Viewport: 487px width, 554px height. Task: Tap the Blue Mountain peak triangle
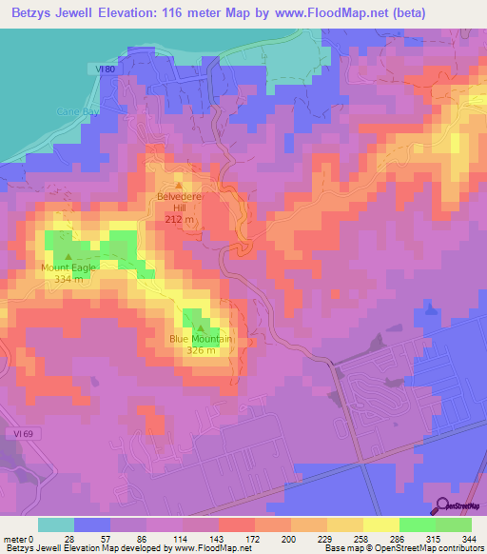[x=200, y=328]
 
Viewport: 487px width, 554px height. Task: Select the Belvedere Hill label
[x=181, y=203]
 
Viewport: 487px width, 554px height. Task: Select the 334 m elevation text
[x=68, y=279]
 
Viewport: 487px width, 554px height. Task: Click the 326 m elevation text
[x=201, y=349]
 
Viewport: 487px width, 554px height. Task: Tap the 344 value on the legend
[x=471, y=538]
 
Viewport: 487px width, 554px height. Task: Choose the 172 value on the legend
[x=250, y=538]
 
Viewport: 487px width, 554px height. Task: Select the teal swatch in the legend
[x=56, y=524]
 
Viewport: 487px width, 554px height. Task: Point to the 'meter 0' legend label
[x=18, y=538]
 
